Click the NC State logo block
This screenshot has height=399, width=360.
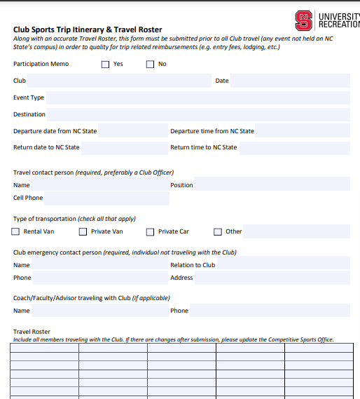click(x=303, y=20)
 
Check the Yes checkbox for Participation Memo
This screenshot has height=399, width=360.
click(x=106, y=65)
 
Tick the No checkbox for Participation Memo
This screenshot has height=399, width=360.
click(x=150, y=65)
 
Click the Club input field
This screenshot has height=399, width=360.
click(x=119, y=81)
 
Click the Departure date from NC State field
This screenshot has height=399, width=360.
click(x=133, y=131)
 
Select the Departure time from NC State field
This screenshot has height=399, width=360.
click(x=302, y=131)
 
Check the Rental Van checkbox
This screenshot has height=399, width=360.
click(x=16, y=232)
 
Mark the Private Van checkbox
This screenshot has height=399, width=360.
click(x=83, y=232)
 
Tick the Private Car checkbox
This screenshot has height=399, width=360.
click(x=150, y=232)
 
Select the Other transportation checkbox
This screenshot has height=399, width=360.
click(x=217, y=232)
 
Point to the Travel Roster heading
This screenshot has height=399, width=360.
click(x=32, y=332)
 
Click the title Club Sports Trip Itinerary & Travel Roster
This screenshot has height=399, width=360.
click(x=88, y=30)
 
